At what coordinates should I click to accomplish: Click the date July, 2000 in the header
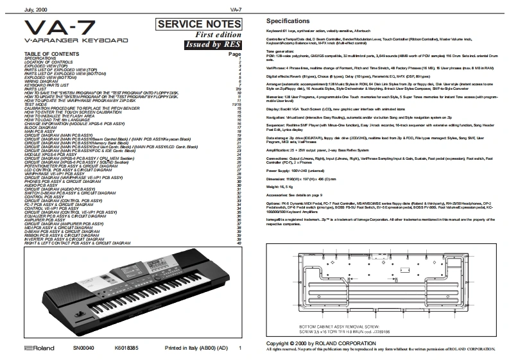pyautogui.click(x=17, y=9)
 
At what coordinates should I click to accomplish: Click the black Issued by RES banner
pyautogui.click(x=211, y=45)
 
